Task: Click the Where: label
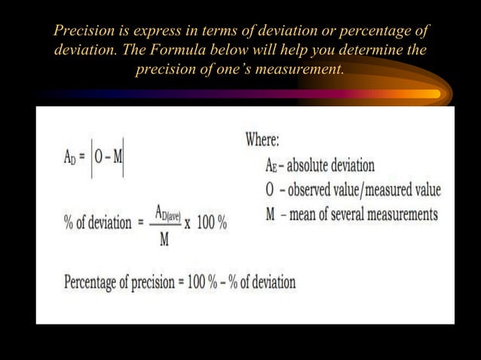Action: point(262,140)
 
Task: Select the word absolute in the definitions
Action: point(315,166)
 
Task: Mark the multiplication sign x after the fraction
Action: point(187,225)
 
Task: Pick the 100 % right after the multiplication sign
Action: point(211,225)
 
